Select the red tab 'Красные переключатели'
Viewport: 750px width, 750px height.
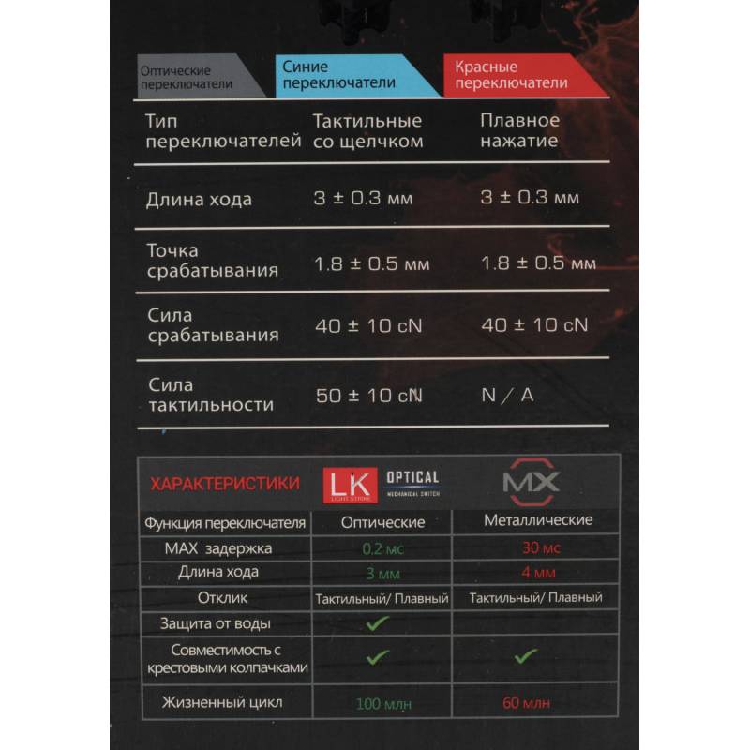click(511, 75)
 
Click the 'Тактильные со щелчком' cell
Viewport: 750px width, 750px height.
click(367, 131)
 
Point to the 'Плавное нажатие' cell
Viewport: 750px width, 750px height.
click(519, 131)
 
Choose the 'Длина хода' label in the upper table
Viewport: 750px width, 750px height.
click(199, 200)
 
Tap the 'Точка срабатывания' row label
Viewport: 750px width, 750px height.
click(213, 261)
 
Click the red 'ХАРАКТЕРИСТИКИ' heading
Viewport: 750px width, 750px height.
click(226, 484)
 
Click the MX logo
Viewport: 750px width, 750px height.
click(531, 483)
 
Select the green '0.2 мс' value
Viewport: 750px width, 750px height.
click(382, 547)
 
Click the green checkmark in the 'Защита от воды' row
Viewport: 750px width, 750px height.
click(378, 622)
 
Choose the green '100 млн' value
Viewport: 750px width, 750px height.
click(382, 702)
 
